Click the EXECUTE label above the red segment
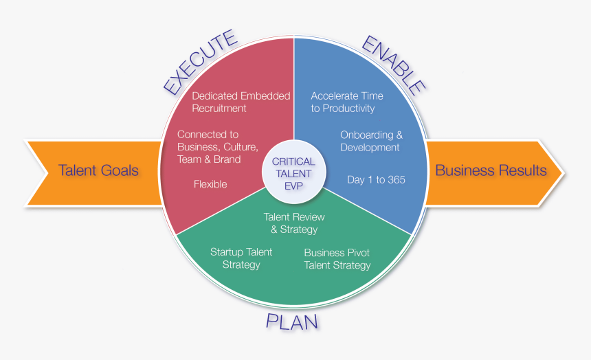200,63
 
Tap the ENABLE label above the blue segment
394,65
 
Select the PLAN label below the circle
292,322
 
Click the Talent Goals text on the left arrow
98,170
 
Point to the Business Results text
491,170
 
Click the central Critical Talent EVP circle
293,172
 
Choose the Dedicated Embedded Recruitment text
241,102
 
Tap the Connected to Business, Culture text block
217,146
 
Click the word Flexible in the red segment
210,184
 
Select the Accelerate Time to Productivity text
347,102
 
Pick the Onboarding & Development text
371,141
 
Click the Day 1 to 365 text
376,180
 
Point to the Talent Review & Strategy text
294,223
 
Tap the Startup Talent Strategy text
241,258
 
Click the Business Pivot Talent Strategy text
337,259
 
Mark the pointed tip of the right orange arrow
564,173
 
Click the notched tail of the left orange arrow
47,173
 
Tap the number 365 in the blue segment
396,180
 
